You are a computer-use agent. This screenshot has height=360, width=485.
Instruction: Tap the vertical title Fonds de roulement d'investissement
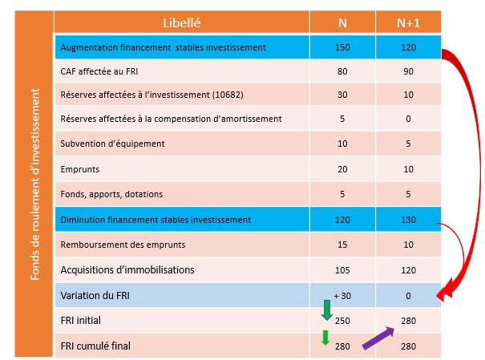(x=34, y=184)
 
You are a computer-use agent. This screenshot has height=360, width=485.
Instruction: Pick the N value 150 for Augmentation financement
(x=342, y=47)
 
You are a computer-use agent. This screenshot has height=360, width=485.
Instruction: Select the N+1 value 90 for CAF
(x=408, y=71)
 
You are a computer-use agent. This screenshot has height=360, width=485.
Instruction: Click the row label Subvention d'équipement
(x=112, y=144)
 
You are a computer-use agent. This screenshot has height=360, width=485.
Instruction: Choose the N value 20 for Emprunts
(x=342, y=169)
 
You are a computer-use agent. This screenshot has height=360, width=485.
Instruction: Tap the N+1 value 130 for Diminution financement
(x=408, y=219)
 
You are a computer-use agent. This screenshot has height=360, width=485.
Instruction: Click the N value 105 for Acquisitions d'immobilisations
(x=342, y=270)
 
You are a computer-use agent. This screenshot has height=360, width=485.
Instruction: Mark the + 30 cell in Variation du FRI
(x=342, y=296)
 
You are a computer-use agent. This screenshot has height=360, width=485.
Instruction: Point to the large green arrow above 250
(x=325, y=309)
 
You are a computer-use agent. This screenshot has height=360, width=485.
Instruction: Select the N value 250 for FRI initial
(x=342, y=321)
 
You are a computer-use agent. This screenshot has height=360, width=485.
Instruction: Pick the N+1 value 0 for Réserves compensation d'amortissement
(x=408, y=119)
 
